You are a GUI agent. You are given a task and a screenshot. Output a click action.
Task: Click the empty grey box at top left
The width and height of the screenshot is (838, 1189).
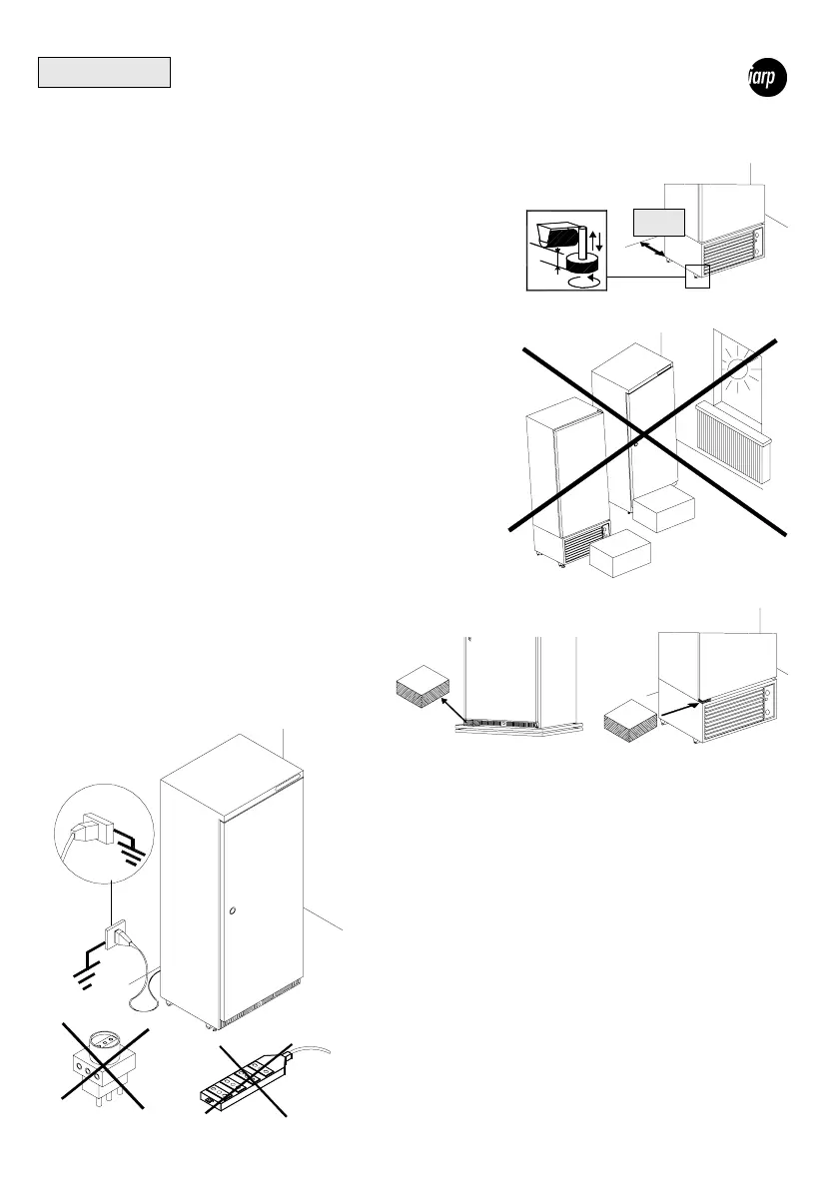click(105, 73)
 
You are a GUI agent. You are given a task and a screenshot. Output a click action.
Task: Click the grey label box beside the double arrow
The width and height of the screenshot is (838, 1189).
click(659, 222)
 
